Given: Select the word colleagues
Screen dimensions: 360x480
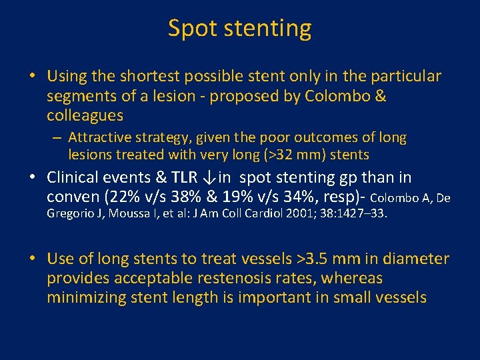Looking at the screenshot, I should point(85,115).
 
